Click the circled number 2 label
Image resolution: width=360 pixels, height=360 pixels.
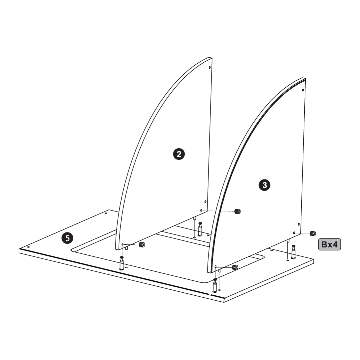click(179, 154)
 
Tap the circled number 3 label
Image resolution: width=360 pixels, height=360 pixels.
click(264, 185)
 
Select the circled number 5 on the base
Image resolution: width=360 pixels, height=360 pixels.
click(67, 238)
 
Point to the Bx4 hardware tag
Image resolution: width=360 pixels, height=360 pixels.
click(329, 244)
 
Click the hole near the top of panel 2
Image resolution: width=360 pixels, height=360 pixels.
click(209, 68)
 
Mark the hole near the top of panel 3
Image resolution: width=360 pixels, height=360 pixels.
click(303, 90)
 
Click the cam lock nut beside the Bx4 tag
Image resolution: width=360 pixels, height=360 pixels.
click(313, 233)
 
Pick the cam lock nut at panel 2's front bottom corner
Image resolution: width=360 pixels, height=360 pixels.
click(142, 245)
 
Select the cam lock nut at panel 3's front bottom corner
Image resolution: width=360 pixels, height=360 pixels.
click(235, 267)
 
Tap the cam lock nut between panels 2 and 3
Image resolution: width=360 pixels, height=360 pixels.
click(237, 211)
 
